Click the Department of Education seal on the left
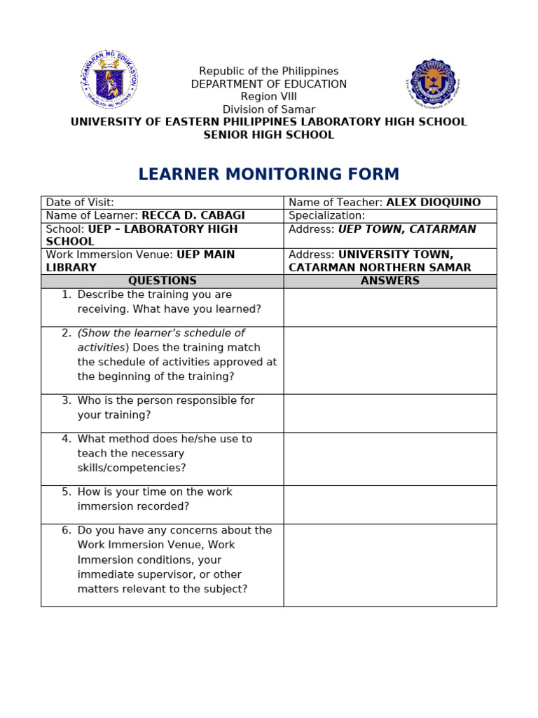click(109, 79)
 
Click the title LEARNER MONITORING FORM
click(268, 175)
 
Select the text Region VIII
click(268, 97)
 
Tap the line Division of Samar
click(268, 109)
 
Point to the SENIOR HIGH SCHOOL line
click(268, 135)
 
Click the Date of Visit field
click(80, 203)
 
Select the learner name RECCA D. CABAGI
click(193, 216)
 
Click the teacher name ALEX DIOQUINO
click(433, 203)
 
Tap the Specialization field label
click(326, 216)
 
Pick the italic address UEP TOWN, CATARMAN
click(407, 229)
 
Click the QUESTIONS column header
click(162, 281)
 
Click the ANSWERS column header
click(389, 281)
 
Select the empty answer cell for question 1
click(389, 307)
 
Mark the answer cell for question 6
click(389, 564)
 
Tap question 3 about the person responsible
click(165, 407)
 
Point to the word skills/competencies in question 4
click(132, 468)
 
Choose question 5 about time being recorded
click(154, 499)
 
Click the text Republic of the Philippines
click(268, 72)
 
